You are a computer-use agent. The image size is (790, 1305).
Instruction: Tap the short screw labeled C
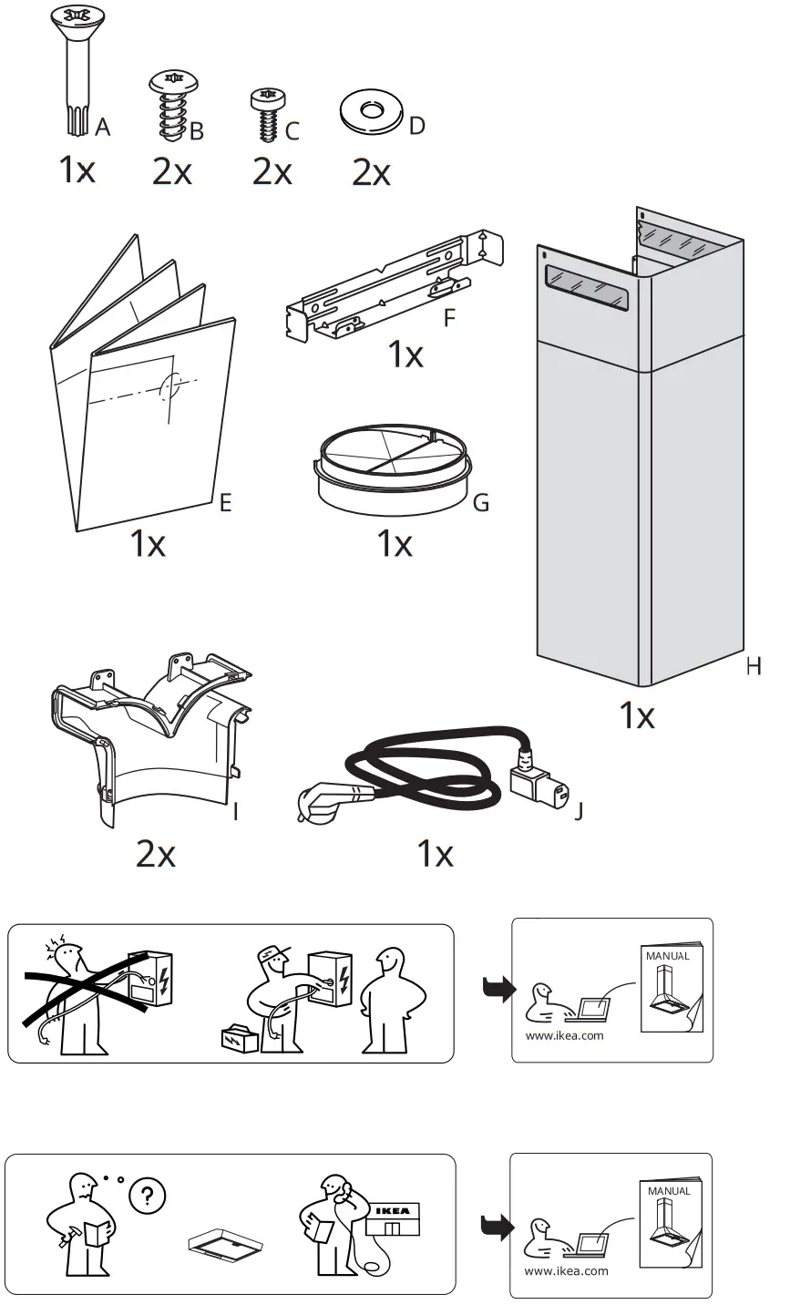coord(266,114)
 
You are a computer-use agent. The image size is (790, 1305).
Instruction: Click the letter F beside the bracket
coord(448,320)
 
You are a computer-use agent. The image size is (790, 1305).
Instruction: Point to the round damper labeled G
coord(394,470)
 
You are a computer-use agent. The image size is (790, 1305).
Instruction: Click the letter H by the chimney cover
coord(753,667)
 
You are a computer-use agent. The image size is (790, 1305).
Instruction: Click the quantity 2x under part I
coord(156,854)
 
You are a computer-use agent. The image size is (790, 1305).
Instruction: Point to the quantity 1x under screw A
coord(77,170)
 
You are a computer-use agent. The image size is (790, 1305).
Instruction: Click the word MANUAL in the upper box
coord(668,956)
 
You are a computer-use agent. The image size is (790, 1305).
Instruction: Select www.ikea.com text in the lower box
coord(566,1270)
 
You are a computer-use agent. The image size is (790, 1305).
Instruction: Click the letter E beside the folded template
coord(225,502)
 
